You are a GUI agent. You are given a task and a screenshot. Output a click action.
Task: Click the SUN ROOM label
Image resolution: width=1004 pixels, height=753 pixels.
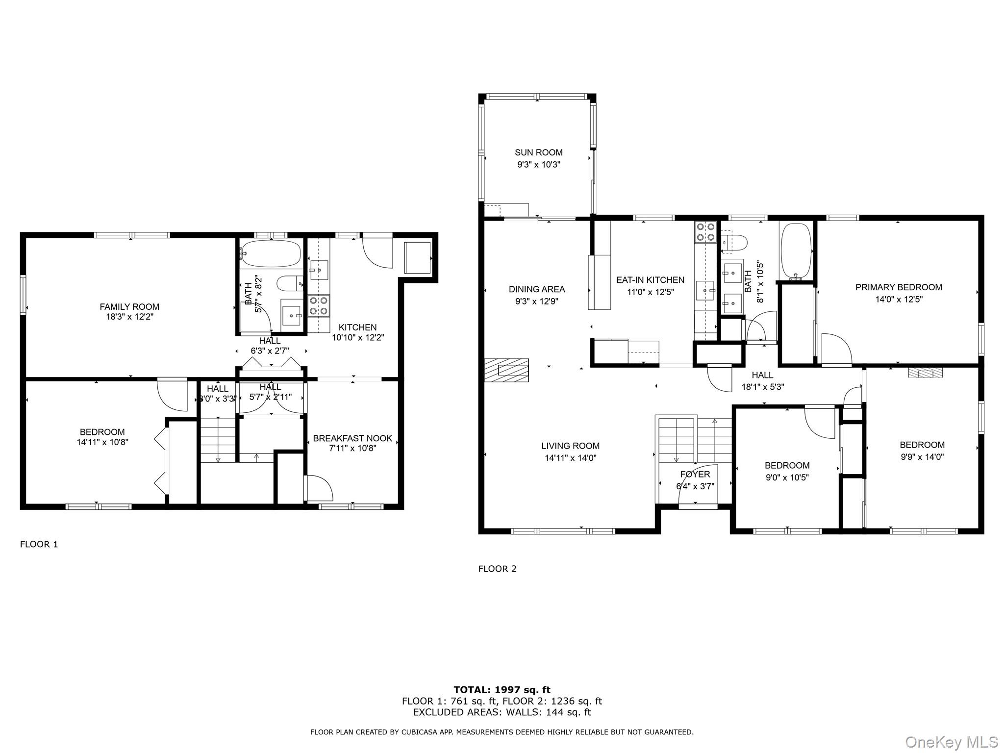[x=538, y=152]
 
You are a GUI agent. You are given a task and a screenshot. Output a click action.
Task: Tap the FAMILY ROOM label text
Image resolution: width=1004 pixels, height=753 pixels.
[x=129, y=307]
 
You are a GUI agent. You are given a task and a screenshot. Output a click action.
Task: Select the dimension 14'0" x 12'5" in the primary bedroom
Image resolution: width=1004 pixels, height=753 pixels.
[x=899, y=300]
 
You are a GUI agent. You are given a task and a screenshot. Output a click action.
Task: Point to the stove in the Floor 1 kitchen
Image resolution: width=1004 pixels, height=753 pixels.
[x=318, y=305]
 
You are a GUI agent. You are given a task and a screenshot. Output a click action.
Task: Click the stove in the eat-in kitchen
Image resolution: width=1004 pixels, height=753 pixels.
[x=705, y=232]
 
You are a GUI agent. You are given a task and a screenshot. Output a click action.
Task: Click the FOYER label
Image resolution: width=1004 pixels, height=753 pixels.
[x=695, y=474]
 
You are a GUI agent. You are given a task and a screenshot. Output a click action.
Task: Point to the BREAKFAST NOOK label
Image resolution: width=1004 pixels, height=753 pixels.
[x=352, y=438]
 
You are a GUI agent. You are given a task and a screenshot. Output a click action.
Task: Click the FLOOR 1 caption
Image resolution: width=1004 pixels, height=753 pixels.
[x=39, y=544]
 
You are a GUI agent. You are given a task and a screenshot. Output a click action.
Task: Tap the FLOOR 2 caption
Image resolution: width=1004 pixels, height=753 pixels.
[x=497, y=569]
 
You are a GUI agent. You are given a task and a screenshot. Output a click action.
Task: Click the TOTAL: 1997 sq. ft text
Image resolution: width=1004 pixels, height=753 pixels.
[x=502, y=690]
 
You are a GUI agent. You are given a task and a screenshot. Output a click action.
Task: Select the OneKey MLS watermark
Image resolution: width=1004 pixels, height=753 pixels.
[x=951, y=742]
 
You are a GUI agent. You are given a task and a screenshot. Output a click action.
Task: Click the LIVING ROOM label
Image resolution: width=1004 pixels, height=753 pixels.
[x=570, y=446]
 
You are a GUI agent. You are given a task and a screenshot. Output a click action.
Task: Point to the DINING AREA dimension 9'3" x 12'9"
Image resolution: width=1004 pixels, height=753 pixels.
[x=536, y=301]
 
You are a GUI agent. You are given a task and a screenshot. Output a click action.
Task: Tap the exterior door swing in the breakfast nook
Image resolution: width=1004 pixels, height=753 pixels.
[x=319, y=488]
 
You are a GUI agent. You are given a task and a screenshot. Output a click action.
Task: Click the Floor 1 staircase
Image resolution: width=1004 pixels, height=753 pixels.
[x=218, y=440]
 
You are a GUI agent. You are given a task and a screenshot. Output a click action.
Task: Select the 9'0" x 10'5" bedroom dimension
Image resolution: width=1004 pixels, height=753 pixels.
[x=787, y=477]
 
